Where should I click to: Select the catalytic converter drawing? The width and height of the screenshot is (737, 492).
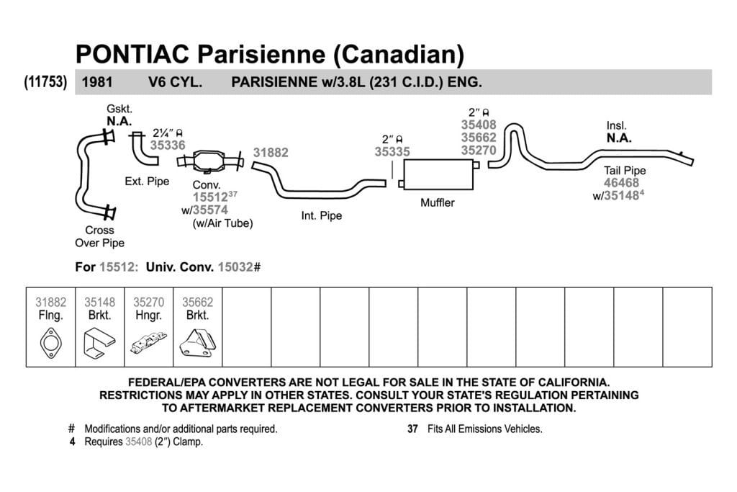coord(210,161)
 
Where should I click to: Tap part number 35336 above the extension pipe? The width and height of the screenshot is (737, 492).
coord(168,146)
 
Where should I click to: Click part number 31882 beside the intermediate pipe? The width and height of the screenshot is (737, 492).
coord(271,153)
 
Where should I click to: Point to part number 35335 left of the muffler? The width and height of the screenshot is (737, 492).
coord(392,151)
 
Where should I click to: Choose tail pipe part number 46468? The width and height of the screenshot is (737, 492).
coord(621,183)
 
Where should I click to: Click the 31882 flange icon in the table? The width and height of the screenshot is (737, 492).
coord(51,343)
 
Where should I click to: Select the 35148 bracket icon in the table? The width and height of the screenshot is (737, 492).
coord(99,342)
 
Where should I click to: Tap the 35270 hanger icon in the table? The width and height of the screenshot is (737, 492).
coord(148,342)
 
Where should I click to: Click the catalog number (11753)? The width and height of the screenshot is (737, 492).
coord(45,82)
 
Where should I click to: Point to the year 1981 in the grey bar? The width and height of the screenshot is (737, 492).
coord(97,82)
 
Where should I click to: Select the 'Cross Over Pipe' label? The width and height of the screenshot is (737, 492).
coord(99,236)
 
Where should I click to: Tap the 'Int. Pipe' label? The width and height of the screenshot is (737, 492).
coord(322,216)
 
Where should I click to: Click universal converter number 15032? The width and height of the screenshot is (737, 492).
coord(235,267)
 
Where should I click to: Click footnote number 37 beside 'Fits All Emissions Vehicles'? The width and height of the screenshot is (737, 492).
coord(412,429)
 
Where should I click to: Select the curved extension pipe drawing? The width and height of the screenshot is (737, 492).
coord(144,149)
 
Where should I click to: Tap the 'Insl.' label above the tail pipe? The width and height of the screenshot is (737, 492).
coord(616,125)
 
